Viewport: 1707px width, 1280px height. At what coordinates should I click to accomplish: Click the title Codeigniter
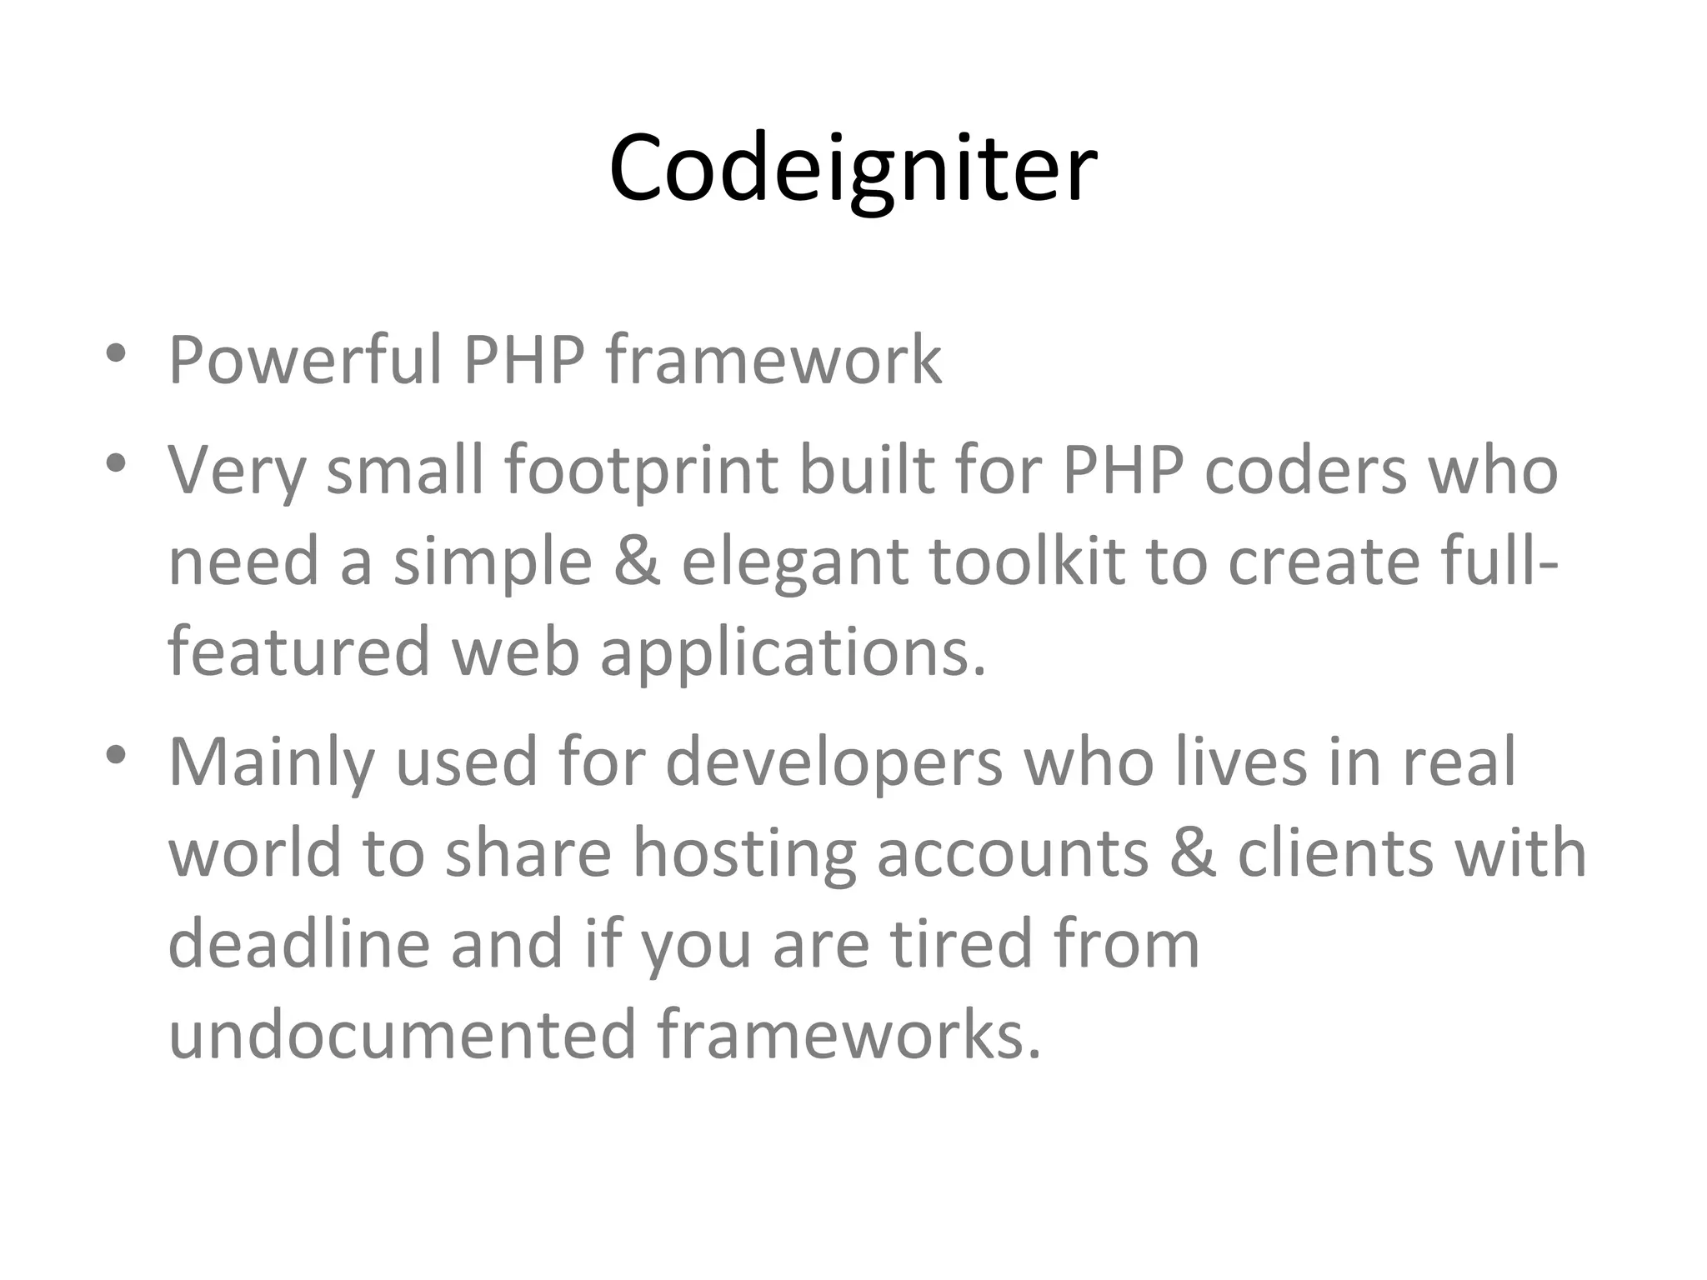[853, 168]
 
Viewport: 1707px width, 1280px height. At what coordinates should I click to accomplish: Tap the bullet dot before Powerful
[116, 353]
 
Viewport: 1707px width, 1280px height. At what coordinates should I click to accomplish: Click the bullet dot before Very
[116, 463]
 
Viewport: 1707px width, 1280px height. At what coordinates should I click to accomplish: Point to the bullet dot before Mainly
[116, 755]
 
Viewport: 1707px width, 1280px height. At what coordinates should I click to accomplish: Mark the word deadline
[298, 943]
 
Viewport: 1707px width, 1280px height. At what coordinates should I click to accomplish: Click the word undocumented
[402, 1035]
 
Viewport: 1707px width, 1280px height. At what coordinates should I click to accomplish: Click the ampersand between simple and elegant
[637, 560]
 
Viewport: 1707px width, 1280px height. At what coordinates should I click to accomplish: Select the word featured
[298, 652]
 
